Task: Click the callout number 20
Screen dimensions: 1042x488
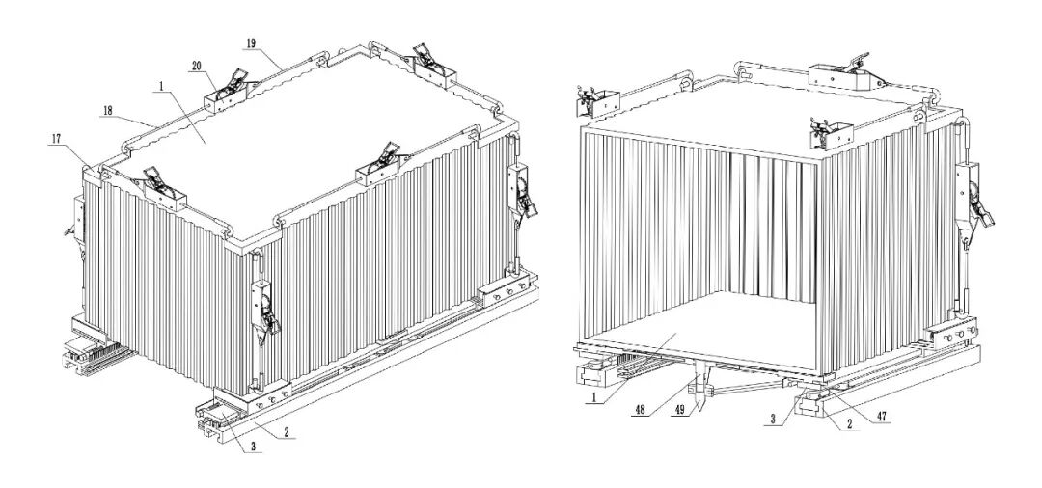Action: pyautogui.click(x=196, y=65)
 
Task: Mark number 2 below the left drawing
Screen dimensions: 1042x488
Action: pyautogui.click(x=287, y=434)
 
